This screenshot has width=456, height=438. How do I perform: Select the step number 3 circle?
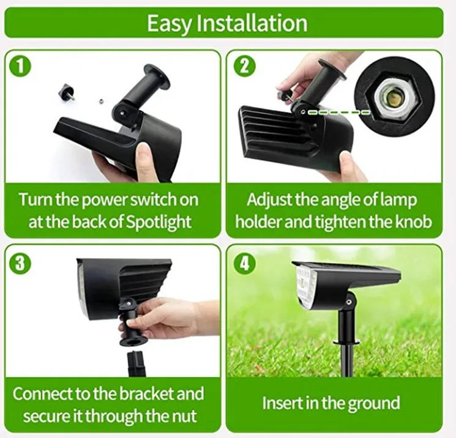tap(21, 265)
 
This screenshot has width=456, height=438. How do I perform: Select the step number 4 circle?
tap(244, 265)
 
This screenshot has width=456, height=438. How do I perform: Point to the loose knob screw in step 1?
tap(65, 92)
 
